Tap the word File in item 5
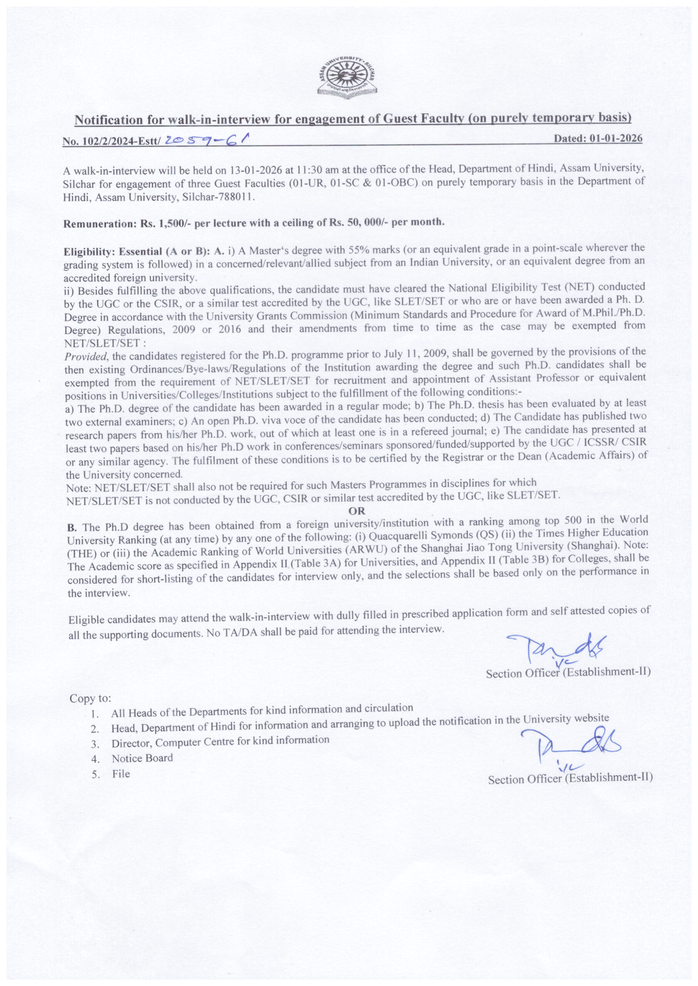point(121,774)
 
